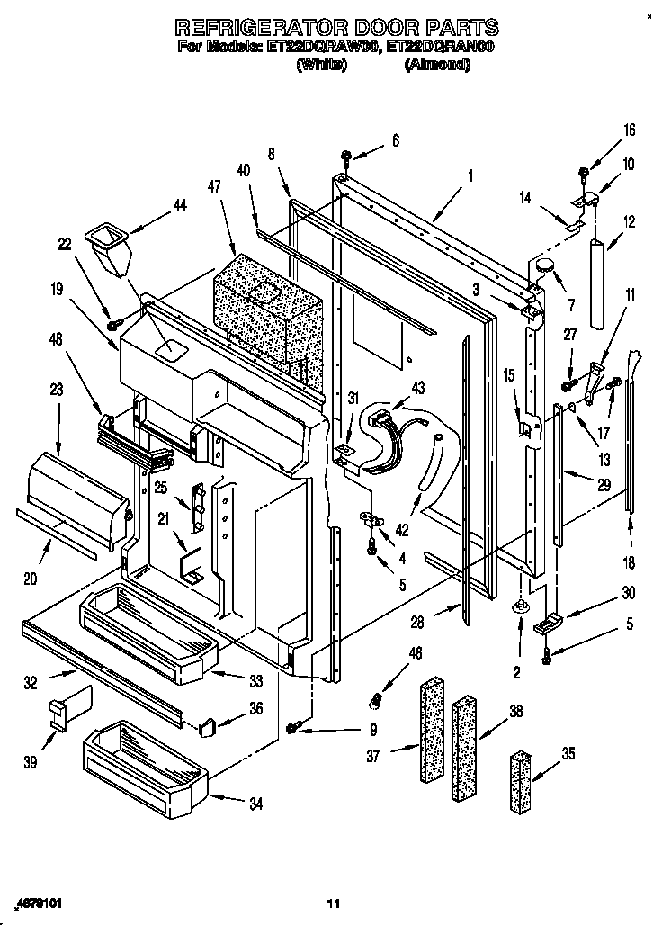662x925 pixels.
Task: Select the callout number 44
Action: point(179,206)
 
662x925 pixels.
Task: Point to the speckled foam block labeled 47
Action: point(266,315)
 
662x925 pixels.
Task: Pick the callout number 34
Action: point(256,804)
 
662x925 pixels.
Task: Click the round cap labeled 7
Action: point(545,267)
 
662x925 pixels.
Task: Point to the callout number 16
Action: point(629,130)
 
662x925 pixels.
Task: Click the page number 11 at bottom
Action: point(333,903)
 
